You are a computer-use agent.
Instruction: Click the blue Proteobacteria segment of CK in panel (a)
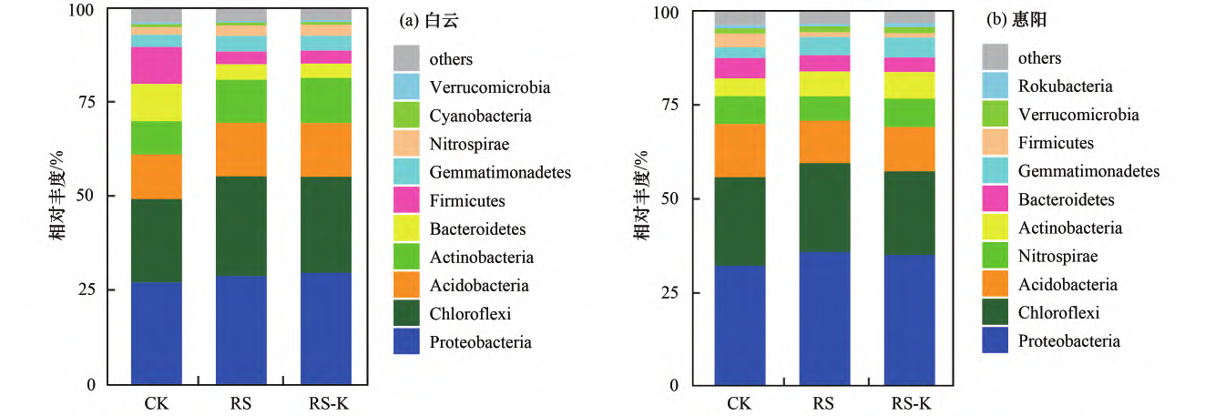(x=157, y=332)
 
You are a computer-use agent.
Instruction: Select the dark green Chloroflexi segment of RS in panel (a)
(x=241, y=226)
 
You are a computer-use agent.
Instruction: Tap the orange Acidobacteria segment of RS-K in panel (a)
(x=326, y=149)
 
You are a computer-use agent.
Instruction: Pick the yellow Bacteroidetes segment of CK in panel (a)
(x=157, y=102)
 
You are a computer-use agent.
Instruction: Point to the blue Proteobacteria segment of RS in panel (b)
(x=824, y=318)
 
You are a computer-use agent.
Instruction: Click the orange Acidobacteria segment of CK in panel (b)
(x=740, y=150)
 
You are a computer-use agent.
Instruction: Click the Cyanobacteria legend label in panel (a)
(x=479, y=117)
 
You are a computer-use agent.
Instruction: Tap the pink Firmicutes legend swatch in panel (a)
(x=406, y=201)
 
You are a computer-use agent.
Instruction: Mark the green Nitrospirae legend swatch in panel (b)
(x=995, y=257)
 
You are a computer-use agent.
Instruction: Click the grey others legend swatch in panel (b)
(x=995, y=58)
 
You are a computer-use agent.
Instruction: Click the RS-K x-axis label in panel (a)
(x=326, y=401)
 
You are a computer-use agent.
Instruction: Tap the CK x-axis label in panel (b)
(x=740, y=402)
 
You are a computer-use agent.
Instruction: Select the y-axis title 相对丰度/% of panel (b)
(x=644, y=198)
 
